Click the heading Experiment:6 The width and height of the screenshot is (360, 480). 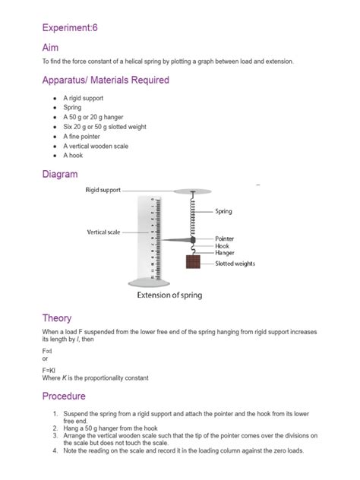click(71, 27)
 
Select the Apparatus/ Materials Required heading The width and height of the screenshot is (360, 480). click(106, 81)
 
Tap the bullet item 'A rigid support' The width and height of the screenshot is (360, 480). click(83, 99)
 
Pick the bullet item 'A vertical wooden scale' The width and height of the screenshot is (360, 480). click(97, 146)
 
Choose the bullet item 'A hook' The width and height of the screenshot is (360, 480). click(74, 156)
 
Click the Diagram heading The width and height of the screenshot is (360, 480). click(60, 174)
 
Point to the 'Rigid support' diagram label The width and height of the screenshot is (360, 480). click(102, 190)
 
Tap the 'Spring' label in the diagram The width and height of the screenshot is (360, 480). click(224, 211)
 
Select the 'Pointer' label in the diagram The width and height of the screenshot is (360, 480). click(225, 238)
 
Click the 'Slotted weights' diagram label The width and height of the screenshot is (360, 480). click(235, 264)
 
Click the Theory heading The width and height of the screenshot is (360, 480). click(57, 318)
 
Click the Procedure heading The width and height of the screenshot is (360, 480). click(64, 396)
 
